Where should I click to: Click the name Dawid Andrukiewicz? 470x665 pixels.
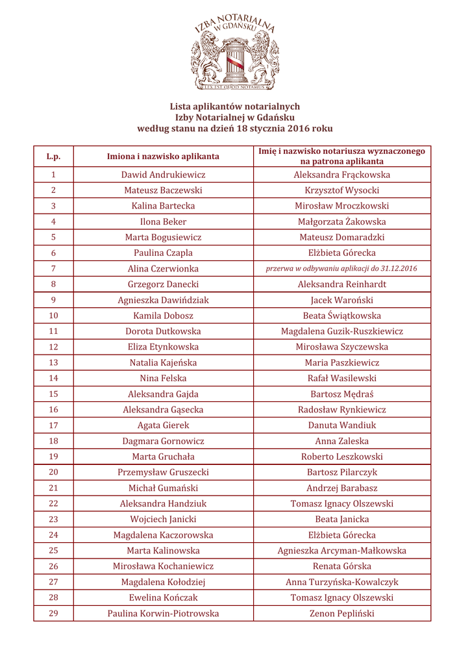[x=163, y=175]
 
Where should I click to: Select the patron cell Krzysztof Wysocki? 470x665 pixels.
[x=341, y=190]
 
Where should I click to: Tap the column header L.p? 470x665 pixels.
[x=53, y=157]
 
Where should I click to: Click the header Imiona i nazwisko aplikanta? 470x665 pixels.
[x=163, y=157]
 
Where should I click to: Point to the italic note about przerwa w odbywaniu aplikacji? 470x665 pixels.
[x=341, y=268]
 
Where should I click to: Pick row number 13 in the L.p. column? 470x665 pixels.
[x=53, y=362]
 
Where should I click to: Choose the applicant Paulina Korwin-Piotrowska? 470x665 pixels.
[x=163, y=613]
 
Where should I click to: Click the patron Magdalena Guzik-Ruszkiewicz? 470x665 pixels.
[x=341, y=331]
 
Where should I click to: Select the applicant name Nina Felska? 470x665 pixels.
[x=163, y=378]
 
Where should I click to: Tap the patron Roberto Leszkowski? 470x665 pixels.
[x=341, y=457]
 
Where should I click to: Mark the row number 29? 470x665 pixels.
[x=53, y=613]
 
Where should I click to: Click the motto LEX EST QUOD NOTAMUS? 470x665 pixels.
[x=235, y=86]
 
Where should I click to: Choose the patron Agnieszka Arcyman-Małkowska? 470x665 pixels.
[x=341, y=551]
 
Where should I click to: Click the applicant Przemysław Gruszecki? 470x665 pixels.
[x=163, y=472]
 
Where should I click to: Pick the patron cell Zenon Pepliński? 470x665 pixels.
[x=341, y=613]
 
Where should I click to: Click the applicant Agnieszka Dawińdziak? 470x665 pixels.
[x=163, y=300]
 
